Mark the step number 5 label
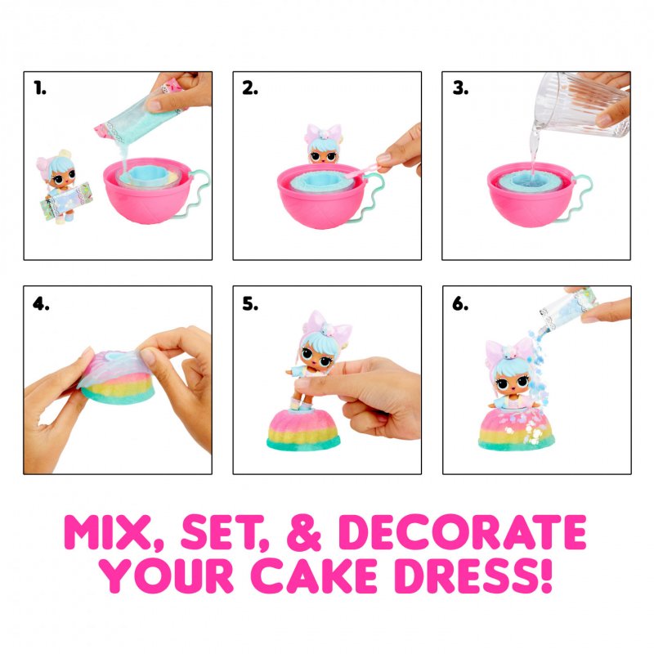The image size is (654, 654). [x=250, y=305]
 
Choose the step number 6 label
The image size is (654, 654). [x=460, y=305]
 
